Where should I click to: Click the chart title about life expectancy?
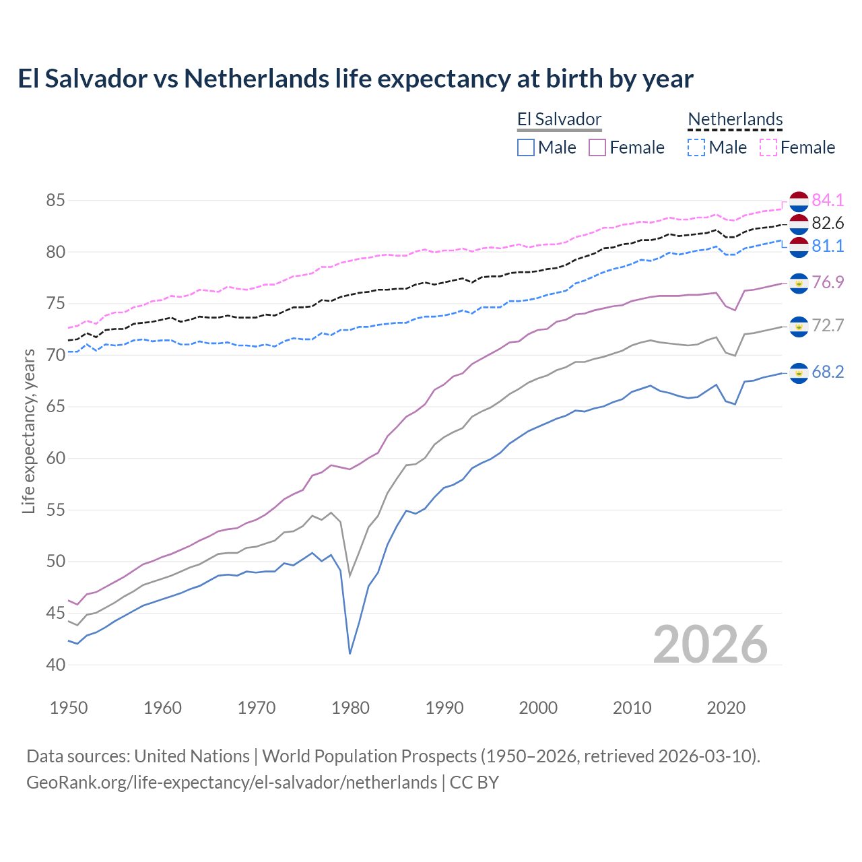pos(356,79)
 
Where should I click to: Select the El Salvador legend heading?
pos(559,120)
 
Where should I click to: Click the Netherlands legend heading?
pos(735,120)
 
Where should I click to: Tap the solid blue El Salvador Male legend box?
pos(526,147)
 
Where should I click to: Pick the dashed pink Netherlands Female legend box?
pos(768,147)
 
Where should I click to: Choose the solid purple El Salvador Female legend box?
pos(597,147)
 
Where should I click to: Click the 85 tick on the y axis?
pos(56,200)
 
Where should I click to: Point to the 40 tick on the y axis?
pos(56,665)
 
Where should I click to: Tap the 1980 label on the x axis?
pos(350,708)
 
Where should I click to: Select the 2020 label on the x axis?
pos(726,708)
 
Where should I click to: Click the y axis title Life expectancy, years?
pos(28,431)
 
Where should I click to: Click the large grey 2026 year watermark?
pos(710,644)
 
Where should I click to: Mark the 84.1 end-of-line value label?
pos(828,200)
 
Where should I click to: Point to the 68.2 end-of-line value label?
pos(828,372)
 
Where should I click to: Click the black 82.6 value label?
pos(828,223)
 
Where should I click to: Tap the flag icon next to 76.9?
pos(799,283)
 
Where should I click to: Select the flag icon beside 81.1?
pos(799,246)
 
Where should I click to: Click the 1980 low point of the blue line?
pos(350,653)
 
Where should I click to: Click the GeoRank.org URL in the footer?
pos(232,783)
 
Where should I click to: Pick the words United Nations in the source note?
pos(192,756)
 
